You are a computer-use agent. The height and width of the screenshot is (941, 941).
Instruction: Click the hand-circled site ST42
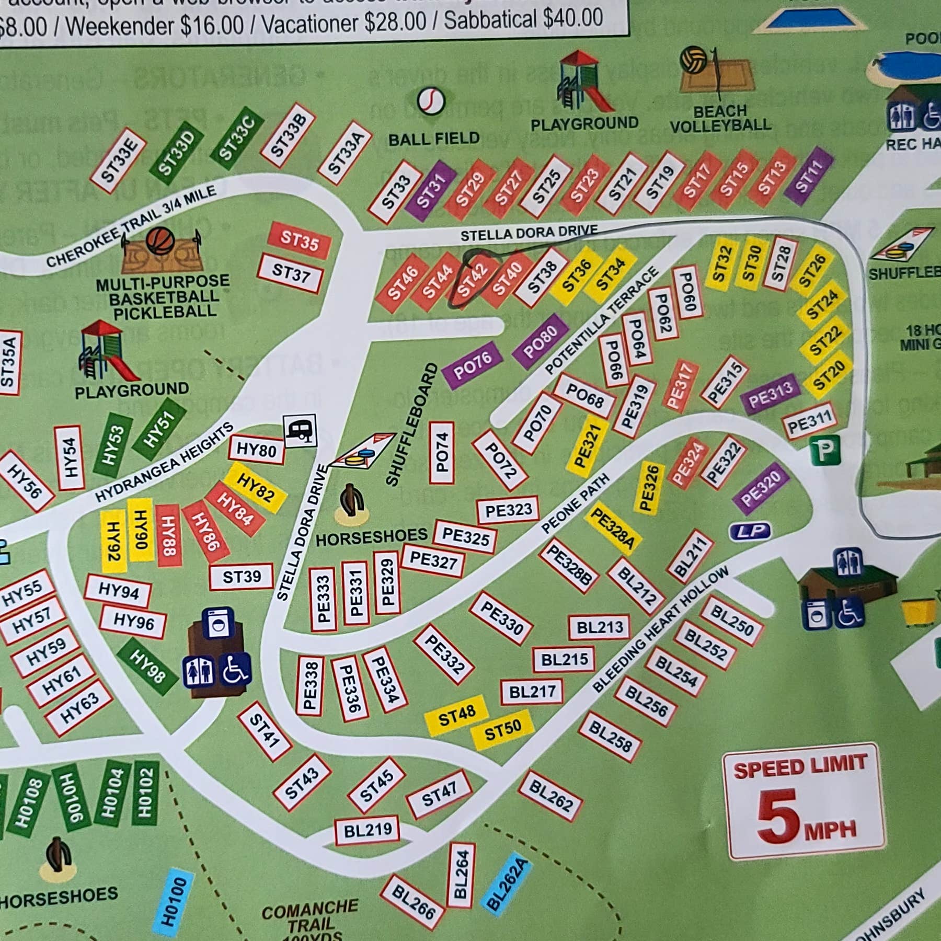(x=472, y=280)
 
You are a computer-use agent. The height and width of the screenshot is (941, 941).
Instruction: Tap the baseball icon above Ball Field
(x=431, y=100)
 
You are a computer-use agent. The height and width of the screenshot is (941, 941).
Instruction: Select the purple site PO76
(x=472, y=364)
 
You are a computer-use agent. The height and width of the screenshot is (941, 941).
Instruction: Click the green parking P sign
(x=825, y=450)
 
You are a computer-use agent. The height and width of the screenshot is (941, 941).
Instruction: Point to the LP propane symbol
(x=750, y=532)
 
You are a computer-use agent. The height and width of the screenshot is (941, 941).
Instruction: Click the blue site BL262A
(x=507, y=884)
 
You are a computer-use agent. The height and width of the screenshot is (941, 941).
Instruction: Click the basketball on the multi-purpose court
(x=160, y=240)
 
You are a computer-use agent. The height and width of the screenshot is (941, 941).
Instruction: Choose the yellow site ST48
(x=456, y=715)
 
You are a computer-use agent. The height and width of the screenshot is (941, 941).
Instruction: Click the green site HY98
(x=147, y=667)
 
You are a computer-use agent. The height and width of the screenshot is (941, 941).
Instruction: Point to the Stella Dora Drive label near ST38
(x=529, y=232)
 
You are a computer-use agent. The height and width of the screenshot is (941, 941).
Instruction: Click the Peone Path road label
(x=575, y=503)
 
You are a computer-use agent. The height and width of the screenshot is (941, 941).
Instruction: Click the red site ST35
(x=299, y=240)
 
